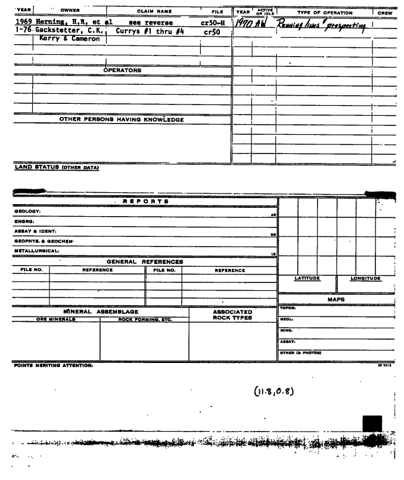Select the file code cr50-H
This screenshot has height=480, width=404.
[212, 23]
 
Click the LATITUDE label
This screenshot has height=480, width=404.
[307, 278]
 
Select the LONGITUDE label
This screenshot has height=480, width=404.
[365, 278]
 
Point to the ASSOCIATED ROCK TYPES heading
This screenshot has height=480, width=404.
[233, 315]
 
